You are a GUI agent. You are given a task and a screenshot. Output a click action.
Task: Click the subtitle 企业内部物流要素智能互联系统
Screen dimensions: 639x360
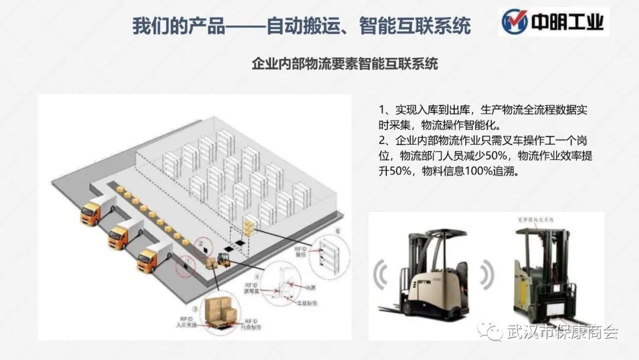[x=345, y=64]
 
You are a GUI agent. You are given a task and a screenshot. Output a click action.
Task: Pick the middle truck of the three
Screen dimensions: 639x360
[x=120, y=234]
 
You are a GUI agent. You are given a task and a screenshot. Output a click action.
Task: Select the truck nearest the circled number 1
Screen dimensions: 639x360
[x=148, y=259]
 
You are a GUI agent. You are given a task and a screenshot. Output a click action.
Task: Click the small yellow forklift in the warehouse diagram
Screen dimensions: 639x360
[x=223, y=259]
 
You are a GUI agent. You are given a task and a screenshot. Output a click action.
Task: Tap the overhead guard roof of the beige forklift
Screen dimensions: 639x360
[x=427, y=234]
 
